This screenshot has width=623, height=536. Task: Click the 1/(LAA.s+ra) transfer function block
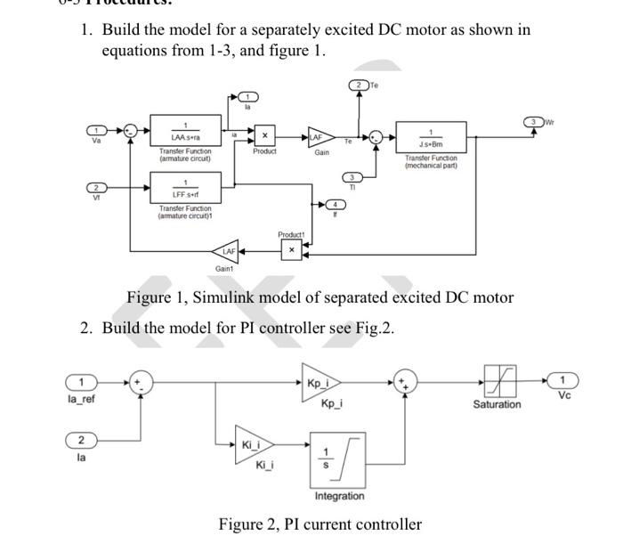(184, 131)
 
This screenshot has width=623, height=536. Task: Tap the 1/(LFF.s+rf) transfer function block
(184, 188)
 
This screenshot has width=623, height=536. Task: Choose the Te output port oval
(358, 85)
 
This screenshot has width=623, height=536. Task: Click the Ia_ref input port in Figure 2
(82, 382)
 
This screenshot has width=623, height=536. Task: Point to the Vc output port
(563, 382)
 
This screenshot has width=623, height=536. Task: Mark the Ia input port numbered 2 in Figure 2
(82, 441)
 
